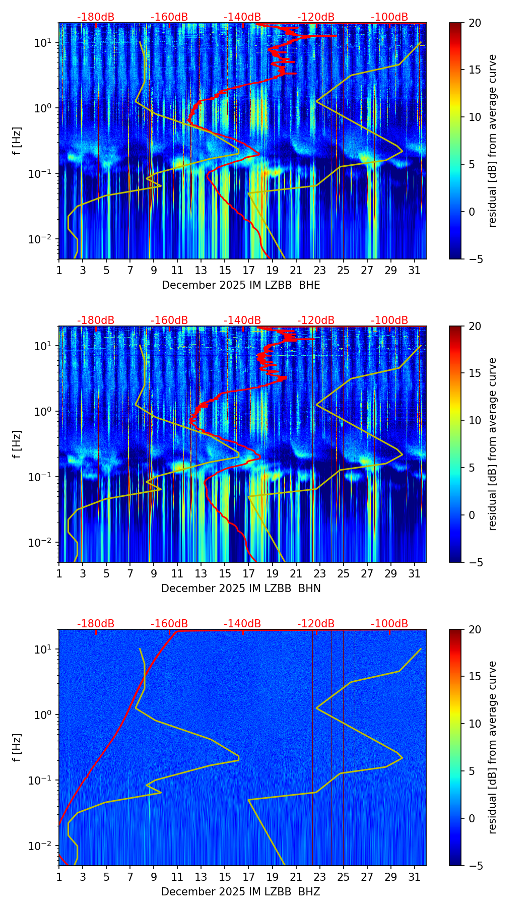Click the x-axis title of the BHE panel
tap(241, 285)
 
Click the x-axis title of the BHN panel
tap(241, 589)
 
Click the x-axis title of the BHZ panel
tap(241, 892)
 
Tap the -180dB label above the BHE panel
tap(96, 17)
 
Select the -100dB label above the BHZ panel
tap(389, 624)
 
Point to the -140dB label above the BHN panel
tap(242, 320)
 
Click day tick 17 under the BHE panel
tap(249, 270)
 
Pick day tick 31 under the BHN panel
tap(415, 573)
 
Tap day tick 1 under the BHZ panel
tap(59, 877)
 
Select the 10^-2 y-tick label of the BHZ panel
tap(41, 846)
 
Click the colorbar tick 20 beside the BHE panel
tap(475, 23)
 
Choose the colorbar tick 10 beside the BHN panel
tap(475, 420)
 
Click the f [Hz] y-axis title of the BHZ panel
tap(17, 748)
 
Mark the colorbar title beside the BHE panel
tap(493, 141)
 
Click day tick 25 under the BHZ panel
tap(344, 877)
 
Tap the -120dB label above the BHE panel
tap(316, 17)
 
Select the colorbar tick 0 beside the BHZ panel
tap(472, 818)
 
